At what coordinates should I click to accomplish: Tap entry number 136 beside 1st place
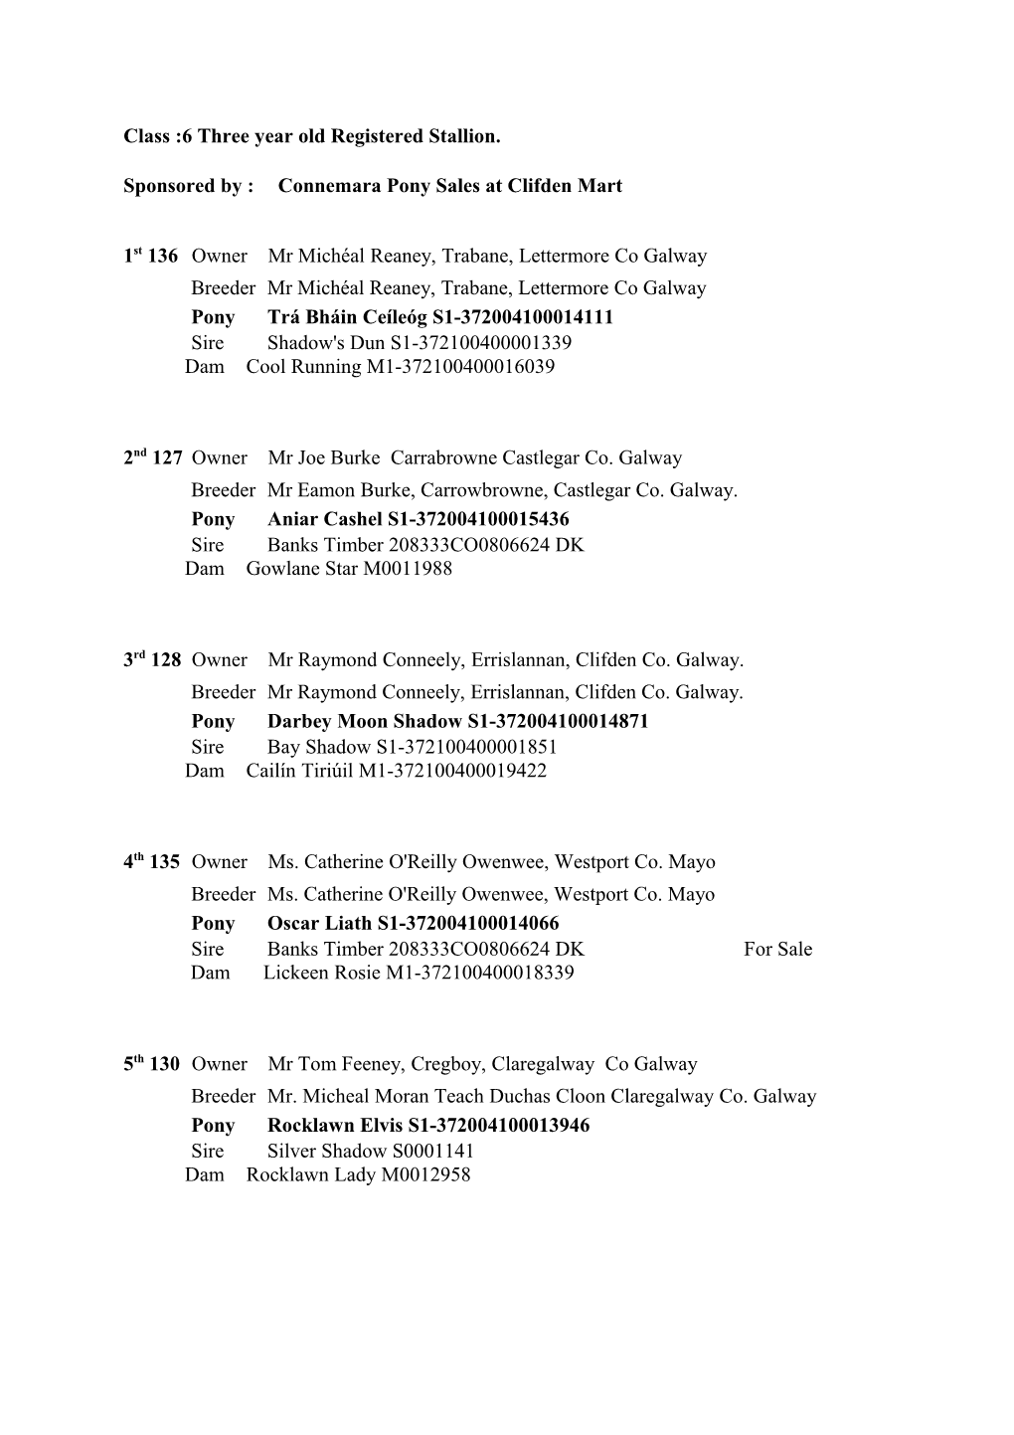point(162,257)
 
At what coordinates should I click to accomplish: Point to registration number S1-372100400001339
point(480,343)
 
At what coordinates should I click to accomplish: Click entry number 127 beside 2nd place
point(167,458)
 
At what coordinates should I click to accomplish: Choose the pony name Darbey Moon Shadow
point(364,722)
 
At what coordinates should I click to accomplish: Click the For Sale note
point(777,950)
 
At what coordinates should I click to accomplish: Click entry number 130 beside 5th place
point(165,1064)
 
